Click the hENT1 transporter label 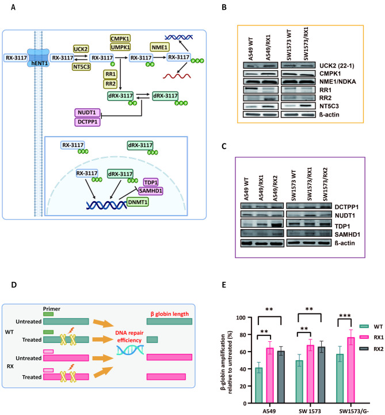pos(40,63)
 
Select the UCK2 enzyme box pos(81,49)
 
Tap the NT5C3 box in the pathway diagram pos(81,67)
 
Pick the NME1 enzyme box pos(159,47)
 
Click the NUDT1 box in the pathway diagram pos(87,112)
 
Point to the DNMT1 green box pos(138,202)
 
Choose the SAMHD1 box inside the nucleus pos(151,191)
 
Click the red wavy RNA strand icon pos(177,76)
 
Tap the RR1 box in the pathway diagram pos(110,74)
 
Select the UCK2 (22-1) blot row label pos(337,66)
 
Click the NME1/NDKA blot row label pos(337,81)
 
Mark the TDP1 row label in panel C pos(342,226)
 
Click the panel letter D pos(14,285)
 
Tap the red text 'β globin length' pos(170,314)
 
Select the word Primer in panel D pos(52,309)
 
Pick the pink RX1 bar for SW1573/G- pos(351,370)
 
